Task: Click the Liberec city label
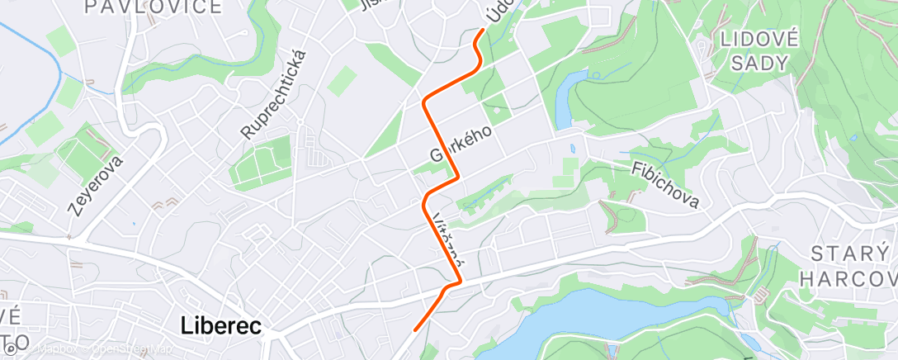[220, 326]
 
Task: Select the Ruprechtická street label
[274, 93]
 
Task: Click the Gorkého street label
[461, 143]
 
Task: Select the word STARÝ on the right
[848, 253]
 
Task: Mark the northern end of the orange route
[482, 31]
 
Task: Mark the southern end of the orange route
[414, 330]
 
